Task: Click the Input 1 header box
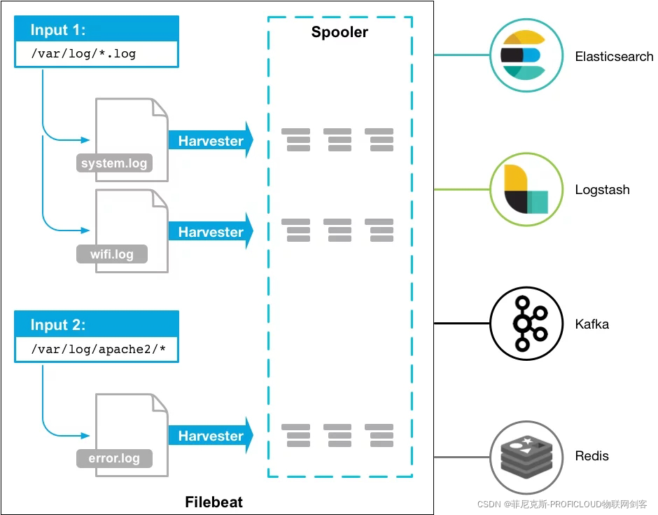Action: point(96,30)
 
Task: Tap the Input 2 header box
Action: point(96,325)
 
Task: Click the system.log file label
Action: point(114,164)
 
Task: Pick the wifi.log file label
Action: point(112,254)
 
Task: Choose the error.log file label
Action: point(114,459)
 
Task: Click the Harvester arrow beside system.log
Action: point(210,141)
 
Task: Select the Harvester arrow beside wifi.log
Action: point(210,232)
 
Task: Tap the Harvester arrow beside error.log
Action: point(210,436)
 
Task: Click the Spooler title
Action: point(339,32)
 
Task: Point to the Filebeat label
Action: point(213,502)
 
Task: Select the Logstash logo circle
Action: point(525,189)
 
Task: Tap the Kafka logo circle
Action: point(524,323)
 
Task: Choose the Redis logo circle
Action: point(526,456)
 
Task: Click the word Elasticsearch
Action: point(614,57)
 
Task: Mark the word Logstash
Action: point(602,190)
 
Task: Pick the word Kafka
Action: point(591,324)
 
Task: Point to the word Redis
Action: point(591,456)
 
